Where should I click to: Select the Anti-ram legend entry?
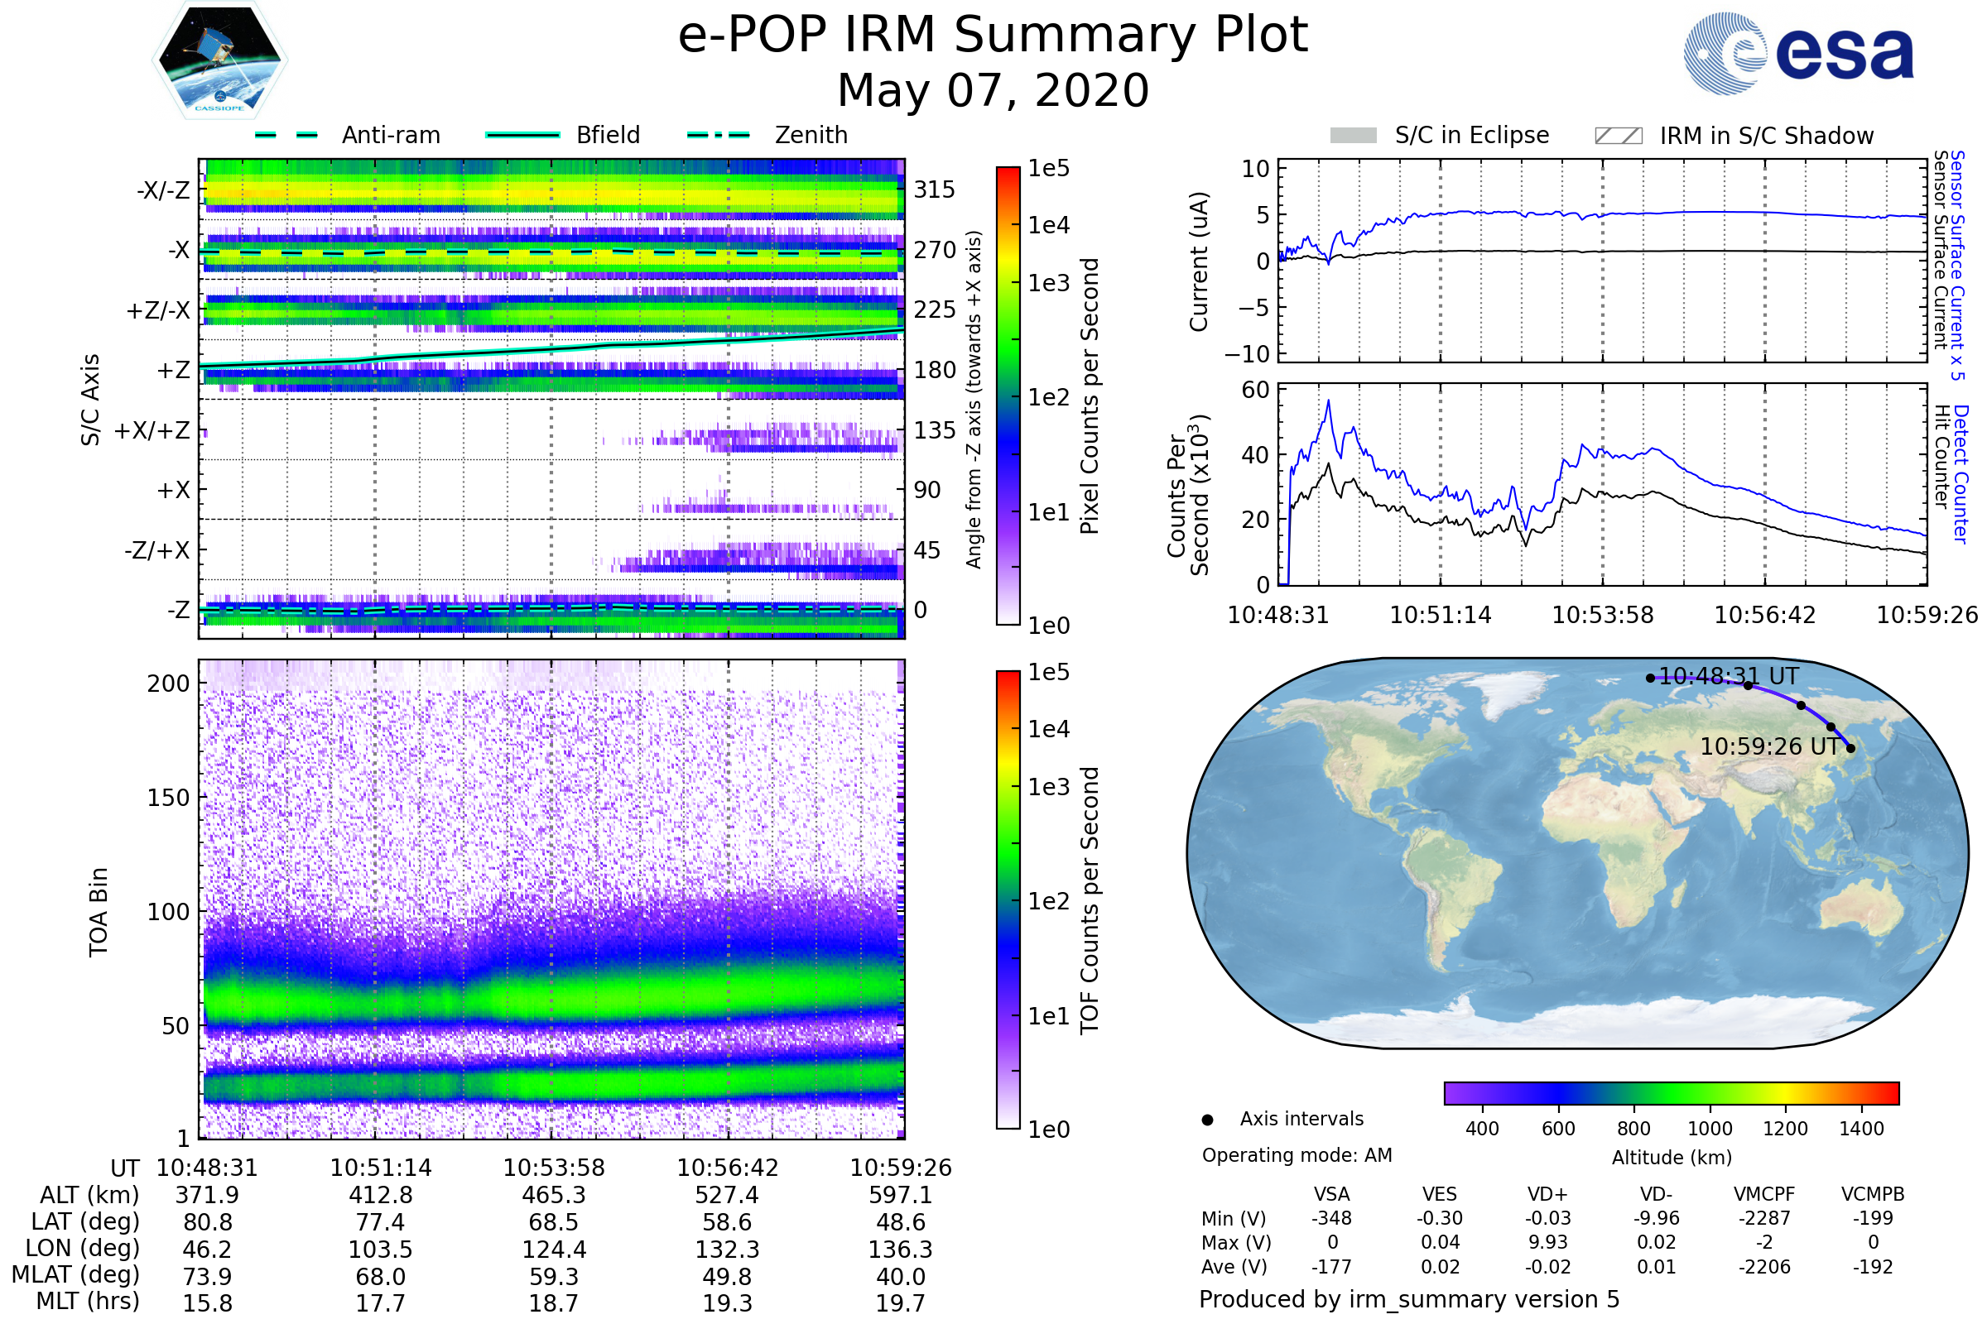pyautogui.click(x=347, y=135)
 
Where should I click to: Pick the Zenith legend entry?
pyautogui.click(x=767, y=135)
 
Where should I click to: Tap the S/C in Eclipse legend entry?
pyautogui.click(x=1440, y=135)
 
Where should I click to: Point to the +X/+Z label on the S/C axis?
pyautogui.click(x=152, y=430)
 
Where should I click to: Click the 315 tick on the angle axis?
pyautogui.click(x=935, y=190)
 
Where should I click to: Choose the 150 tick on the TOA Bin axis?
pyautogui.click(x=168, y=798)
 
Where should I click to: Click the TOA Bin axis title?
pyautogui.click(x=99, y=912)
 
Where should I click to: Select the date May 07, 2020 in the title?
pyautogui.click(x=993, y=90)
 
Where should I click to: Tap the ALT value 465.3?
pyautogui.click(x=553, y=1196)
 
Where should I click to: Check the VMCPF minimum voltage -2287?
pyautogui.click(x=1764, y=1218)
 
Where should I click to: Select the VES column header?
pyautogui.click(x=1440, y=1194)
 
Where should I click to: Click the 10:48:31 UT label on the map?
pyautogui.click(x=1729, y=676)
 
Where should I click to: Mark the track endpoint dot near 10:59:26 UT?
pyautogui.click(x=1850, y=748)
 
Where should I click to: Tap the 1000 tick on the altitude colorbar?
pyautogui.click(x=1710, y=1129)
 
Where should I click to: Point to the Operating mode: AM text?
pyautogui.click(x=1297, y=1155)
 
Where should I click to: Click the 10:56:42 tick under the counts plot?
pyautogui.click(x=1765, y=615)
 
